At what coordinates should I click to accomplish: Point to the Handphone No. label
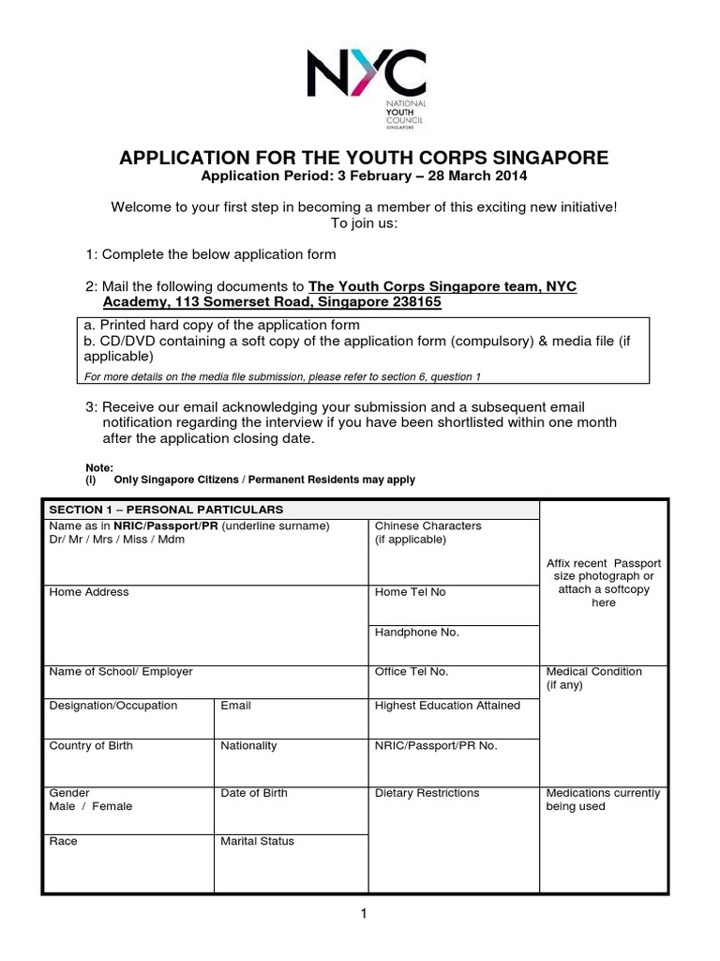(417, 633)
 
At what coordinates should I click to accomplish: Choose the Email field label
(235, 706)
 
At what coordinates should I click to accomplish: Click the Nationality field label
(248, 746)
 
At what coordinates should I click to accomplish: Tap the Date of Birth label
(254, 793)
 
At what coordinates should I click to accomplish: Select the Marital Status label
(257, 841)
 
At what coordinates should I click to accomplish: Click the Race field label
(63, 841)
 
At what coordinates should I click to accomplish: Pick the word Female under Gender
(112, 806)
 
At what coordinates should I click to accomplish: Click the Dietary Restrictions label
(427, 793)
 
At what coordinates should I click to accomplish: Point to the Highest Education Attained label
(447, 706)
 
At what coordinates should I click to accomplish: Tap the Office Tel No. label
(412, 672)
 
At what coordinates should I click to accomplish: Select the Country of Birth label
(91, 746)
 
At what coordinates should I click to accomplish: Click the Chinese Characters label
(428, 526)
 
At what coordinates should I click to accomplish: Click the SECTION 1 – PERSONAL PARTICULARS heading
(159, 509)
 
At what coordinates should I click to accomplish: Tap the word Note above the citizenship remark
(98, 466)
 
